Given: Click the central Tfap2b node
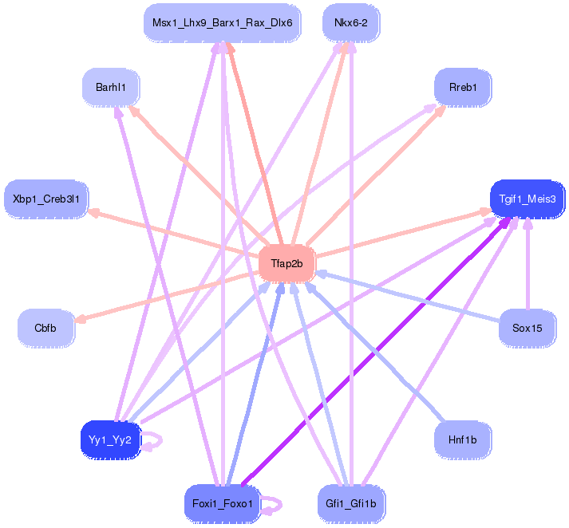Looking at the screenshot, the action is coord(286,264).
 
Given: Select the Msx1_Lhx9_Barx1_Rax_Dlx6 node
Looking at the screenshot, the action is coord(222,23).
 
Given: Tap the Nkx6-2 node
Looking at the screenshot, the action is coord(350,23).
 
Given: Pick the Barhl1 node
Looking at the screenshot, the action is coord(111,86).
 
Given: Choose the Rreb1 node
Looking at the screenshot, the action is coord(462,86).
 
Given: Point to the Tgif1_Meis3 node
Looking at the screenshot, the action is coord(526,199).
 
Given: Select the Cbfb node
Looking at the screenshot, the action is coord(45,328).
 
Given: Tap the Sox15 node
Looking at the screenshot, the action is coord(527,328).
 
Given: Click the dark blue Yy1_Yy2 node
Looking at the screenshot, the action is coord(111,439).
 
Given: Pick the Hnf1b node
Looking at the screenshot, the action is coord(462,439).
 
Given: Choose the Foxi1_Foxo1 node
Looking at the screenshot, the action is coord(222,503).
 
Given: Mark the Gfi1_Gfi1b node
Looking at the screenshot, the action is coord(350,503).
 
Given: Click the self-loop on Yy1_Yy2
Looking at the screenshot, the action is coord(152,440).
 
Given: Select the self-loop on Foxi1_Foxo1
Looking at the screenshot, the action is coord(273,504).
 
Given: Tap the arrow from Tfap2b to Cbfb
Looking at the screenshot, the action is coord(168,297).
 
